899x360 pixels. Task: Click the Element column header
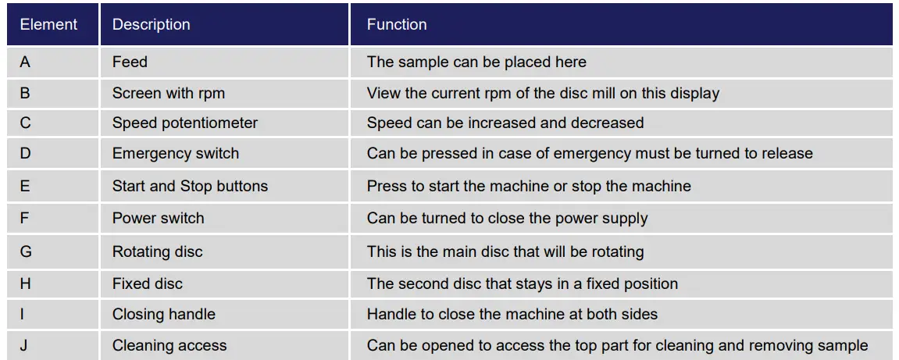[48, 24]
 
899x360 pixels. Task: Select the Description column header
[151, 24]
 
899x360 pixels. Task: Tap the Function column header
[397, 24]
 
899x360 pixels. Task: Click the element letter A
[25, 62]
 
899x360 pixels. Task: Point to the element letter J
[23, 345]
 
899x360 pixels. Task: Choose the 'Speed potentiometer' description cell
[184, 123]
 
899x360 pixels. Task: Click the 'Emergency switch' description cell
[176, 153]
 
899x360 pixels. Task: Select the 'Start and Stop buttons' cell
[190, 186]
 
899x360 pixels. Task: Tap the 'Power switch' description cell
[159, 218]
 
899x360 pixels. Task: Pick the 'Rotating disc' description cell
[157, 251]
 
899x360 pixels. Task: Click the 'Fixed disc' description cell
[148, 283]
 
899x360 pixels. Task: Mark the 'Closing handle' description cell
[163, 315]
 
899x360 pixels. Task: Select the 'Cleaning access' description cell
[169, 345]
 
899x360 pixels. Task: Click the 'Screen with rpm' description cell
[168, 93]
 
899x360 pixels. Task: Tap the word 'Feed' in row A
[130, 62]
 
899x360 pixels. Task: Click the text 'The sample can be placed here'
[476, 62]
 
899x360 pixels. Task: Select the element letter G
[26, 251]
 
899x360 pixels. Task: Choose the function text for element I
[512, 315]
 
